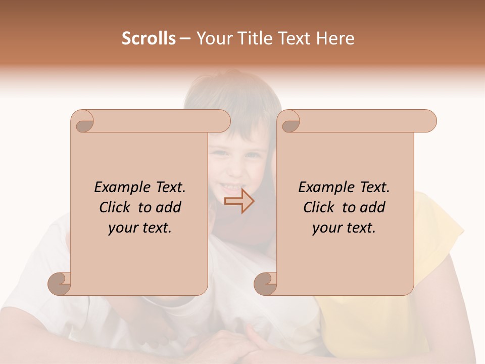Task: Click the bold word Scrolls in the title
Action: (x=149, y=38)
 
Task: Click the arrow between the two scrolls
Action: (x=239, y=201)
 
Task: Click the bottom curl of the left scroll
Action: (x=60, y=284)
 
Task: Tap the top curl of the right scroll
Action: (x=290, y=122)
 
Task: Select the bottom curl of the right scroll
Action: (x=266, y=284)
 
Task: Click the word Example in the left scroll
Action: (x=118, y=188)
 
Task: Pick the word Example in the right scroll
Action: (x=322, y=188)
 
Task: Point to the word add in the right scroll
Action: (x=372, y=208)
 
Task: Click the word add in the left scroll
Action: (x=168, y=208)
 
